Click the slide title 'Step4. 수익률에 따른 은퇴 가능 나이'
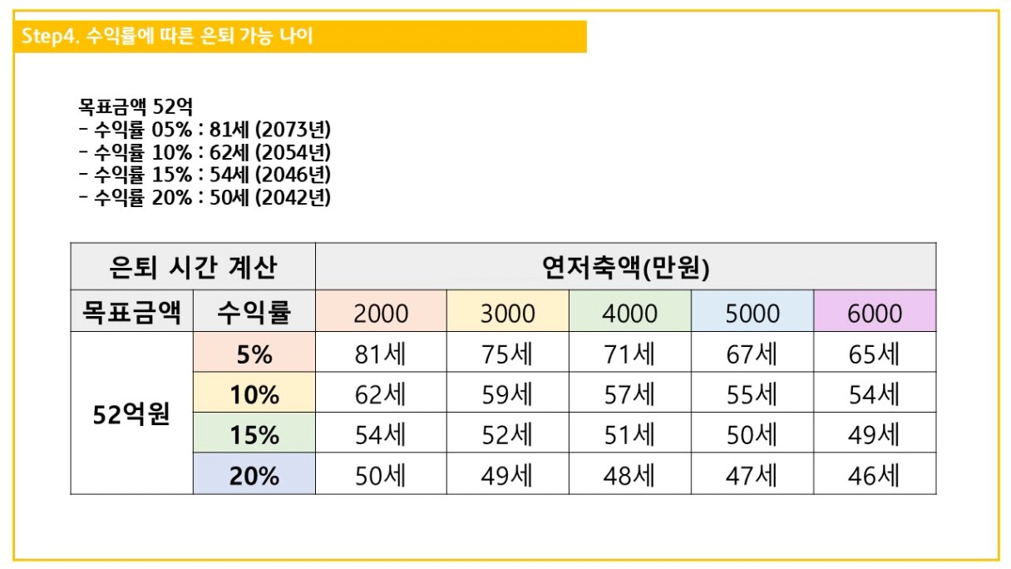click(166, 37)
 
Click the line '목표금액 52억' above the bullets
click(136, 107)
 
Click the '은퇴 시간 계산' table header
click(193, 267)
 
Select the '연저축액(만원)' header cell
click(625, 267)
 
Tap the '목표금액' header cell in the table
click(131, 312)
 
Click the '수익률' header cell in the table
click(254, 312)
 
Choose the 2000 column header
click(381, 312)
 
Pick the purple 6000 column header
click(875, 312)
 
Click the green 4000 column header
click(630, 312)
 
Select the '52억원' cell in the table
click(131, 413)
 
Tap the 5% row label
click(254, 354)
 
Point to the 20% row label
click(254, 476)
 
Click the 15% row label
click(254, 435)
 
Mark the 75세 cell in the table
click(507, 354)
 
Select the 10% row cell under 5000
click(752, 394)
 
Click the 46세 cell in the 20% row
click(875, 476)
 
